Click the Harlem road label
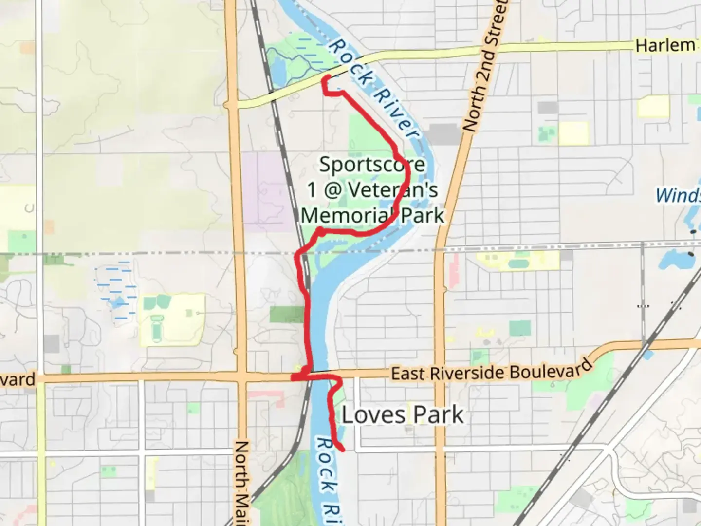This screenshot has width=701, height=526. click(x=665, y=45)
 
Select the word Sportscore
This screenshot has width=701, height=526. click(x=372, y=165)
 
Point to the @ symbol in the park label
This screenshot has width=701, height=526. click(x=332, y=190)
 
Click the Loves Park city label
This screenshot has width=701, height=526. click(x=403, y=415)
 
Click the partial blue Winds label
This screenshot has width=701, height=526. click(x=678, y=195)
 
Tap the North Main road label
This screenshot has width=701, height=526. click(x=241, y=482)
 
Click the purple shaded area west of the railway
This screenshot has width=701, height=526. click(x=263, y=190)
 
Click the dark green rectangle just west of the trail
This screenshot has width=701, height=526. click(x=286, y=315)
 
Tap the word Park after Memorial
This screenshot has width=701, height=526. click(x=423, y=215)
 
